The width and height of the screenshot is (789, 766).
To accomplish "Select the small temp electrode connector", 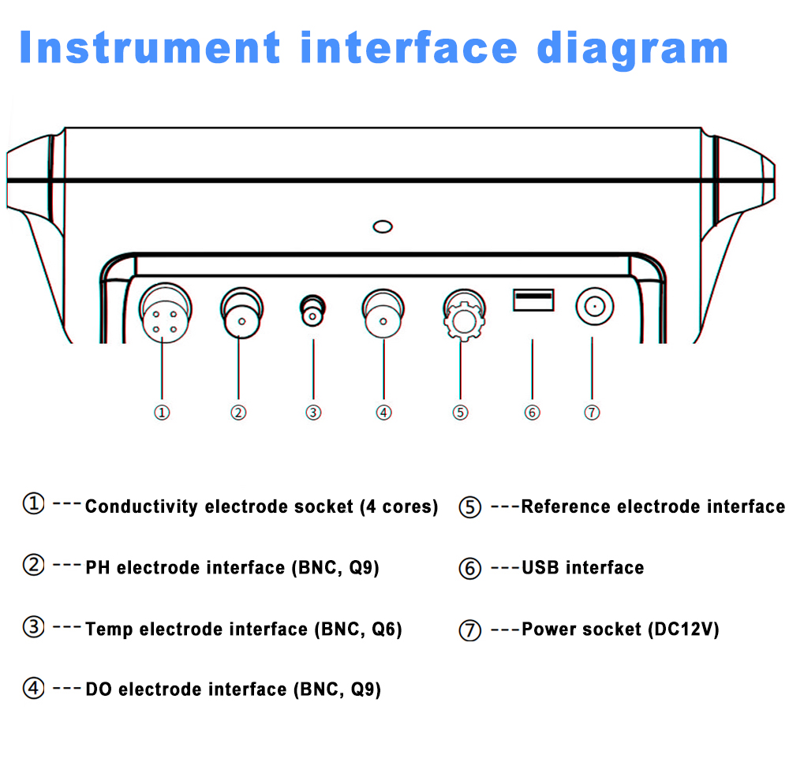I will pos(313,312).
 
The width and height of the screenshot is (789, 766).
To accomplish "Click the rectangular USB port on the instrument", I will pos(533,300).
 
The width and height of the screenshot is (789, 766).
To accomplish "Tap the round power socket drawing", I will pos(593,306).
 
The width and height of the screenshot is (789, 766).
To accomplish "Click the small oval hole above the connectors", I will pos(383,227).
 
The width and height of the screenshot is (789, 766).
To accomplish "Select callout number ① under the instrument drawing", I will pos(162,413).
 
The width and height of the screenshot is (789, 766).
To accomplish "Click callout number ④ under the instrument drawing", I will pos(383,413).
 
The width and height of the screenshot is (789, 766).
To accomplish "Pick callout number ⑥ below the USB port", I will pos(533,413).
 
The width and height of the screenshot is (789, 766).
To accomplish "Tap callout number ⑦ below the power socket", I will pos(593,413).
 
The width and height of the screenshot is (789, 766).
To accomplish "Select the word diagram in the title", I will pos(631,47).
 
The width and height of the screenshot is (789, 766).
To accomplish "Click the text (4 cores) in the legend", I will pos(398,506).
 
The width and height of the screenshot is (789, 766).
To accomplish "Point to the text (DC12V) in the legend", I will pos(683,629).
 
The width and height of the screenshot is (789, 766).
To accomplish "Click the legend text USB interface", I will pos(582,567).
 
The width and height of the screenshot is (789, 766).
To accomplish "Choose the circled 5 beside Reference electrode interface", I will pos(470,507).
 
